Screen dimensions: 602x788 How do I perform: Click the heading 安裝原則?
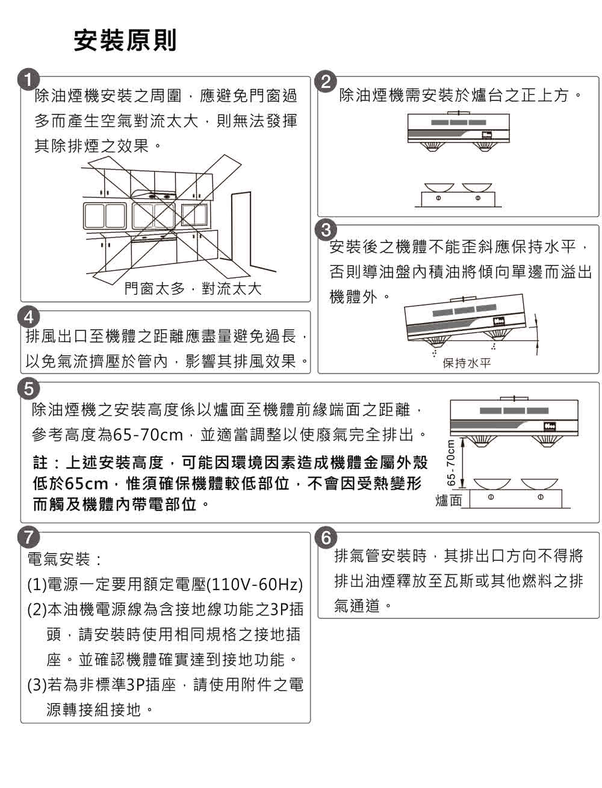[x=125, y=40]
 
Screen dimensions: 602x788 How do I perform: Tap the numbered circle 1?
[x=28, y=79]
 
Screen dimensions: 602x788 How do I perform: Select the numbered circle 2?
[x=326, y=81]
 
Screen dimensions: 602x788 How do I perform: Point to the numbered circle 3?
[x=326, y=230]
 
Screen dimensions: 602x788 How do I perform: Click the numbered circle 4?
[x=28, y=317]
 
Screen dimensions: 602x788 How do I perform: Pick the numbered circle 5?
[x=28, y=389]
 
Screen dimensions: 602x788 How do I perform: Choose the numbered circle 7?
[x=28, y=537]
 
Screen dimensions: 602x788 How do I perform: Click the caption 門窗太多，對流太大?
[x=193, y=288]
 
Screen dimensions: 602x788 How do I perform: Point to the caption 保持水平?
[x=467, y=363]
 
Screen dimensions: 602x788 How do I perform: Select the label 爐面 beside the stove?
[x=448, y=500]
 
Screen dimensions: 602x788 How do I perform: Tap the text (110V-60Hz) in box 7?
[x=255, y=585]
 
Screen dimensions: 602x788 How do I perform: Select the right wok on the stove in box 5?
[x=539, y=484]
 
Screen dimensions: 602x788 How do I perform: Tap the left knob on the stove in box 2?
[x=438, y=198]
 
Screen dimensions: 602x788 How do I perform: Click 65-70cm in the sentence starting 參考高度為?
[x=148, y=435]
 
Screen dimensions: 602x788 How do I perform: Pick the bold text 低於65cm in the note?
[x=71, y=484]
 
